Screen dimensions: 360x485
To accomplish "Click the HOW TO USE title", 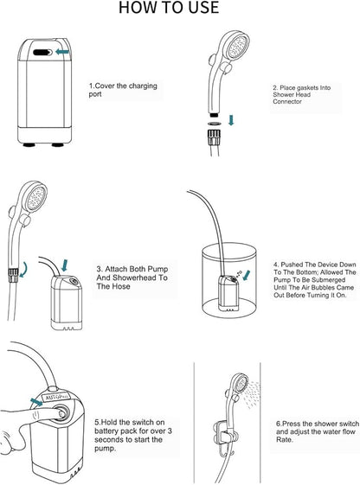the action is click(169, 8).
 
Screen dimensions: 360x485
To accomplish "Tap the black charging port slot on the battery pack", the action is click(42, 52).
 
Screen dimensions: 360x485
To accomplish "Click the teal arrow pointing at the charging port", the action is click(62, 52).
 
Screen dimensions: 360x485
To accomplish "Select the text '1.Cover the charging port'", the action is click(123, 90).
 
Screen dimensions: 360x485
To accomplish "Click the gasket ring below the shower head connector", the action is click(215, 124).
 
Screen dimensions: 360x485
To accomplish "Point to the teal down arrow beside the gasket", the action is click(231, 119).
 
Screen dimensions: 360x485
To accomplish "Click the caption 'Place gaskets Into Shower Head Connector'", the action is click(301, 94).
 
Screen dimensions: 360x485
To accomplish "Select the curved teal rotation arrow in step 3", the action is click(22, 270).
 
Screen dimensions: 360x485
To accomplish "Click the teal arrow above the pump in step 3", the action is click(64, 265).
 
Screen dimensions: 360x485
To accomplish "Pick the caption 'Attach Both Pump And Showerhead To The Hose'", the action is click(132, 278).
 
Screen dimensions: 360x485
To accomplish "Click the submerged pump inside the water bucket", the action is click(228, 293).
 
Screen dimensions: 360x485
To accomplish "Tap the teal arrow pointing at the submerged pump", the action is click(247, 275).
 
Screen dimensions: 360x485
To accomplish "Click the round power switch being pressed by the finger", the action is click(60, 412).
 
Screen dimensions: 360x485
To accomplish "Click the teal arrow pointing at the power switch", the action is click(36, 402).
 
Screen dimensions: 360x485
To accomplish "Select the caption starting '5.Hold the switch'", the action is click(133, 435).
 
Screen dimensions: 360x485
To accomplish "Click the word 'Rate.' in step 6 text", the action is click(284, 440).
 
